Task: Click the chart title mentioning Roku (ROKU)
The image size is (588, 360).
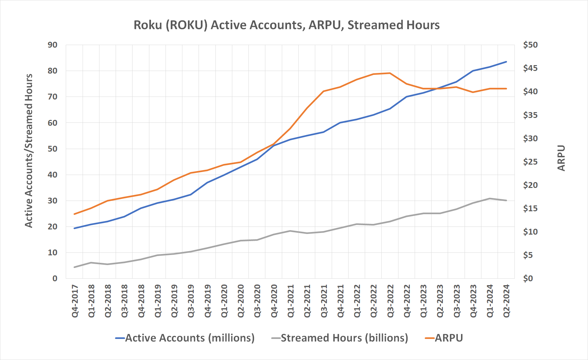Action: [x=286, y=25]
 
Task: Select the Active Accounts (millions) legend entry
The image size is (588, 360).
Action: [x=190, y=338]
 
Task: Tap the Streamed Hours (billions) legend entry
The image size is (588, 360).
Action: [x=344, y=338]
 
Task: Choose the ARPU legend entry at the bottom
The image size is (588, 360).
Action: [x=448, y=338]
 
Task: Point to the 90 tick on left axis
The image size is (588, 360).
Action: [x=52, y=45]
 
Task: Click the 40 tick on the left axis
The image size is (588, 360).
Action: [x=52, y=175]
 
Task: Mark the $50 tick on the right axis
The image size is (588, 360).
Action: [x=530, y=45]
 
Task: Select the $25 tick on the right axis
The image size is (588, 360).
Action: [x=530, y=162]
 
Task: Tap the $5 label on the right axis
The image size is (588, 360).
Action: [x=528, y=255]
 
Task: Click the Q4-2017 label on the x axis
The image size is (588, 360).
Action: [x=75, y=301]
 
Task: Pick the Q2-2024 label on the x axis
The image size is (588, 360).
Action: [x=506, y=301]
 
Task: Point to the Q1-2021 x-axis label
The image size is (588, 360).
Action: [x=291, y=301]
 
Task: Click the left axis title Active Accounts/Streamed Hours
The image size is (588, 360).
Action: [x=29, y=151]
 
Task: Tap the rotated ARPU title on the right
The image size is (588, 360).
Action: [x=561, y=158]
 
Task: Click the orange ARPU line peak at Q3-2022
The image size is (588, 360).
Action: [x=390, y=73]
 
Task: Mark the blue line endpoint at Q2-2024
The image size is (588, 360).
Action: [x=506, y=62]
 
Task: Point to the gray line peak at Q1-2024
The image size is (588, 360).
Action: [x=490, y=198]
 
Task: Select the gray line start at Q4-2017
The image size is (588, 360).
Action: [x=75, y=267]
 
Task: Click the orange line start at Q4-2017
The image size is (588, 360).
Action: [x=75, y=214]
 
